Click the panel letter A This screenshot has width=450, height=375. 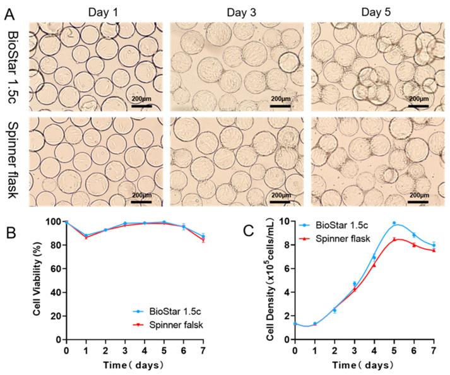click(8, 9)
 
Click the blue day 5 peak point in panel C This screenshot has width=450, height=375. click(394, 223)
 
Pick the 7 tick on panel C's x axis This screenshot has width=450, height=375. click(434, 350)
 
